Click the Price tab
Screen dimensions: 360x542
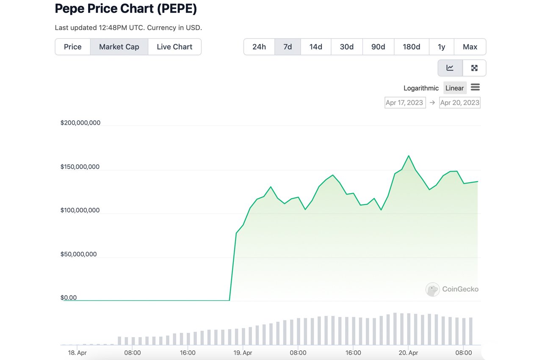(72, 47)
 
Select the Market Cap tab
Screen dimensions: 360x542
(119, 47)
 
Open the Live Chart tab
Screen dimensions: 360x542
(174, 47)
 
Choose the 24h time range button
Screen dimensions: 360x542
(259, 47)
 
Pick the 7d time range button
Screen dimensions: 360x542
(288, 47)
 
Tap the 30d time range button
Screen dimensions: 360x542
(346, 47)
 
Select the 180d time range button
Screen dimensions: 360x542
(411, 47)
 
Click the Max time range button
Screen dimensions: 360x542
(470, 47)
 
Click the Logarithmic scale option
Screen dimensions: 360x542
(421, 88)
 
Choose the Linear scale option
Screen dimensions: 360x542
(454, 88)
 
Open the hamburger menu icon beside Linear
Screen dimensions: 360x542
(475, 87)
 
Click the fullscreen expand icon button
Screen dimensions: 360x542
(474, 68)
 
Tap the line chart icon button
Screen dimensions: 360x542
(450, 68)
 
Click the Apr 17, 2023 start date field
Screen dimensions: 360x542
(405, 102)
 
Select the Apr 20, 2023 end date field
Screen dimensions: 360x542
(459, 102)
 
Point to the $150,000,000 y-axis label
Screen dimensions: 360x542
(80, 167)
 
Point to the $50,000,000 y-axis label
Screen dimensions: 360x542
(78, 254)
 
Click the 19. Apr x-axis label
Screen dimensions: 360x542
(243, 352)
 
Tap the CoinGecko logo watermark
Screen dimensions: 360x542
(452, 289)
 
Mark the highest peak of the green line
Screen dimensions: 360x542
(409, 155)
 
